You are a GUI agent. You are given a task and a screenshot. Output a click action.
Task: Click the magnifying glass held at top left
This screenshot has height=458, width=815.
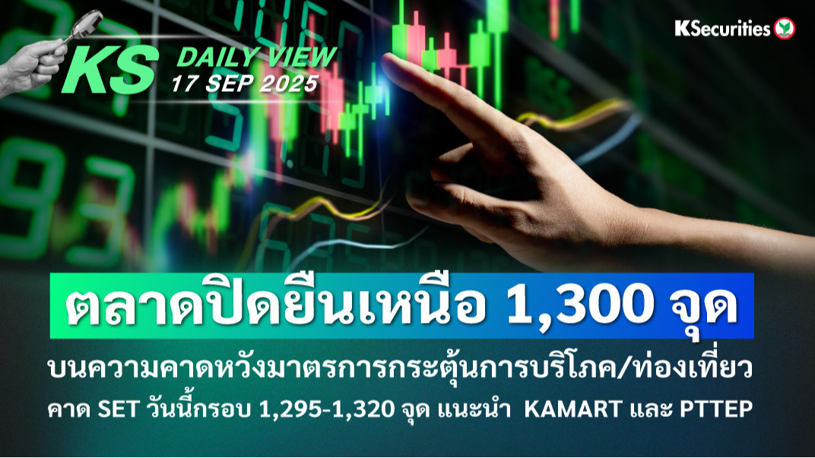(x=83, y=25)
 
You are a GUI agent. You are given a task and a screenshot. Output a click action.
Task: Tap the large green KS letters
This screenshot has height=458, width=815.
(x=109, y=70)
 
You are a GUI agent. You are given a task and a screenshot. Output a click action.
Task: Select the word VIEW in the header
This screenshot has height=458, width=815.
(x=300, y=56)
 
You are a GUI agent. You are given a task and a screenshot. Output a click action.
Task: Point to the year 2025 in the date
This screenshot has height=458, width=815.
(x=289, y=84)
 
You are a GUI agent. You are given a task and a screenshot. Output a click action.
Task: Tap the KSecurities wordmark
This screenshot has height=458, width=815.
(x=722, y=29)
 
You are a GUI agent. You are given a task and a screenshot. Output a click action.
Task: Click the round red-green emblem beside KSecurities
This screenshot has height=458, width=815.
(x=785, y=29)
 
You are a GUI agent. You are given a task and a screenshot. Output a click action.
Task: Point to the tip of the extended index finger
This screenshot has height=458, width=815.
(x=385, y=58)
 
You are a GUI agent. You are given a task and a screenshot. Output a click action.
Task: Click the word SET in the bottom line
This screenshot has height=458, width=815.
(x=118, y=409)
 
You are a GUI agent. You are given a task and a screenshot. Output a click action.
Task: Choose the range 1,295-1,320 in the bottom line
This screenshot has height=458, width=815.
(x=326, y=409)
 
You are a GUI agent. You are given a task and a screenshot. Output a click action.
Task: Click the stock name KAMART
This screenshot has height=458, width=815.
(x=573, y=409)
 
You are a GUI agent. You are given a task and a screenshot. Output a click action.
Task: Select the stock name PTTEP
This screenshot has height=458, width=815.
(x=717, y=409)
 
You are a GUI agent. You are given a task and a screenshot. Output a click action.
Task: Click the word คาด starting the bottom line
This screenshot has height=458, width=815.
(x=69, y=410)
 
